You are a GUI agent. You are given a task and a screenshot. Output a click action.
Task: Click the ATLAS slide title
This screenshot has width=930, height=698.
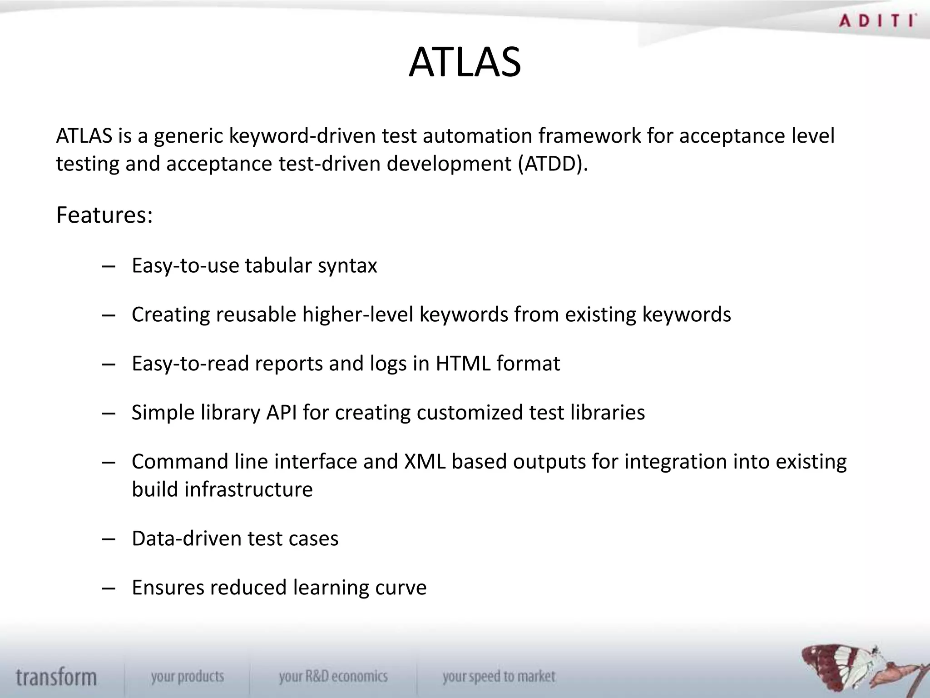click(x=465, y=62)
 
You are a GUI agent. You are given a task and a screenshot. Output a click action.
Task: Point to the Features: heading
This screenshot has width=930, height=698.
click(x=104, y=215)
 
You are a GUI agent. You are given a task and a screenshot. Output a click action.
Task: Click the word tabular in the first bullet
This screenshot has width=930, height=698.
click(x=278, y=265)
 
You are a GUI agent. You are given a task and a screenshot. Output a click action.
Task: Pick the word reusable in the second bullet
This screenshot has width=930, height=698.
click(x=256, y=314)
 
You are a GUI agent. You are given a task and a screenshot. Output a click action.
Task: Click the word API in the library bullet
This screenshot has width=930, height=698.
click(x=281, y=413)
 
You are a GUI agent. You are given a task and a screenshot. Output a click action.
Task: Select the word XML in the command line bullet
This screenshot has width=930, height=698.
click(x=425, y=462)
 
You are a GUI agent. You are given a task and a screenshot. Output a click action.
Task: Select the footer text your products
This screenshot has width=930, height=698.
click(x=188, y=677)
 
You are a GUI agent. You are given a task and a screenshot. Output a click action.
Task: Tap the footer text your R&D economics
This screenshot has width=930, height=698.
click(x=333, y=677)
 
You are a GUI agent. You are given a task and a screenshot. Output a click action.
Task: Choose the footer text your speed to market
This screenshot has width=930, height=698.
click(x=499, y=677)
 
